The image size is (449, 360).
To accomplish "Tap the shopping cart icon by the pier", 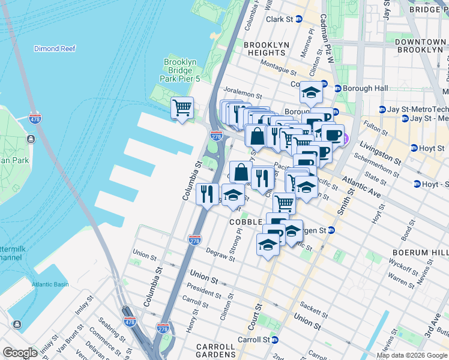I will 182,109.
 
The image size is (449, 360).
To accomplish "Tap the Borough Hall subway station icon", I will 337,88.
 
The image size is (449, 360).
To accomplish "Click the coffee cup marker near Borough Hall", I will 332,134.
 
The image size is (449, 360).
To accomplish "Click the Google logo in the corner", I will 20,353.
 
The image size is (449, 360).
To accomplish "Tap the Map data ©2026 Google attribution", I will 411,355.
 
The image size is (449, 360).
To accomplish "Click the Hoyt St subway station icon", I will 414,148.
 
